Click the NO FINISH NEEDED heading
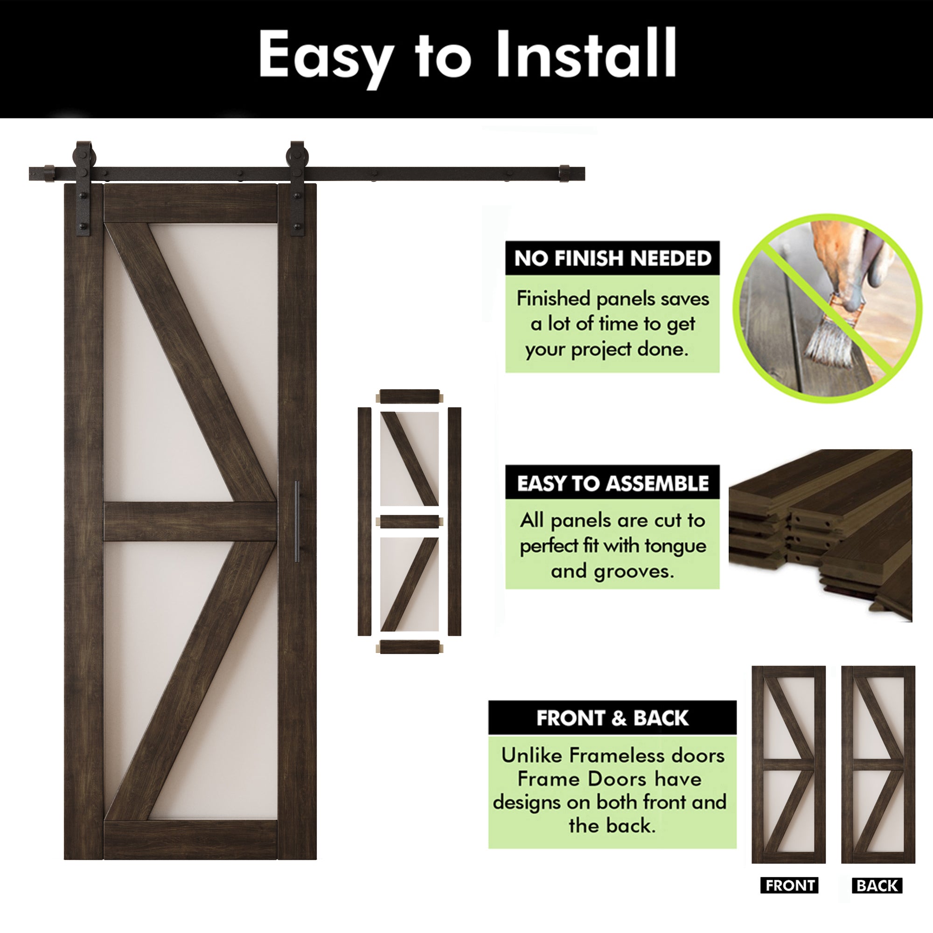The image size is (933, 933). point(613,258)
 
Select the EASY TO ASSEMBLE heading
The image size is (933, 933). point(613,483)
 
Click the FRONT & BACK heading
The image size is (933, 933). point(613,718)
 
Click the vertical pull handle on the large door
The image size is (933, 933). point(297,521)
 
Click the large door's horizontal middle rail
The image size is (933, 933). point(190,521)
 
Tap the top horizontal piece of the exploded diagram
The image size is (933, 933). point(410,397)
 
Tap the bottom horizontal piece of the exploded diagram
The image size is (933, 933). point(410,647)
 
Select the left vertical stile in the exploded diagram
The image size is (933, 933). point(364,522)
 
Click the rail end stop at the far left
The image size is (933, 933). point(49,174)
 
